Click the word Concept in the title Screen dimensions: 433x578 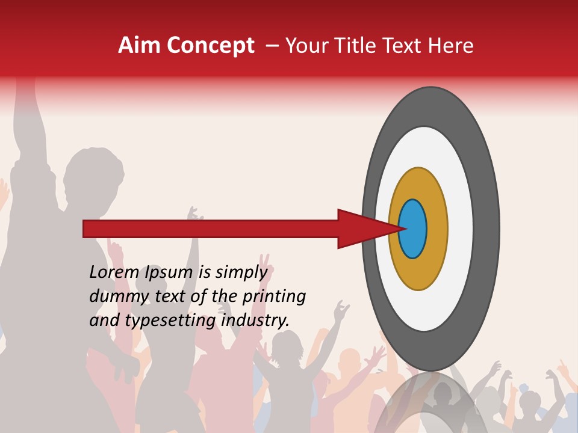[x=211, y=46]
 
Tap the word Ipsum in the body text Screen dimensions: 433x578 [x=169, y=272]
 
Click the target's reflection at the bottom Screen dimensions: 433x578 [x=431, y=403]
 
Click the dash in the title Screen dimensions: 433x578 [x=272, y=46]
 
